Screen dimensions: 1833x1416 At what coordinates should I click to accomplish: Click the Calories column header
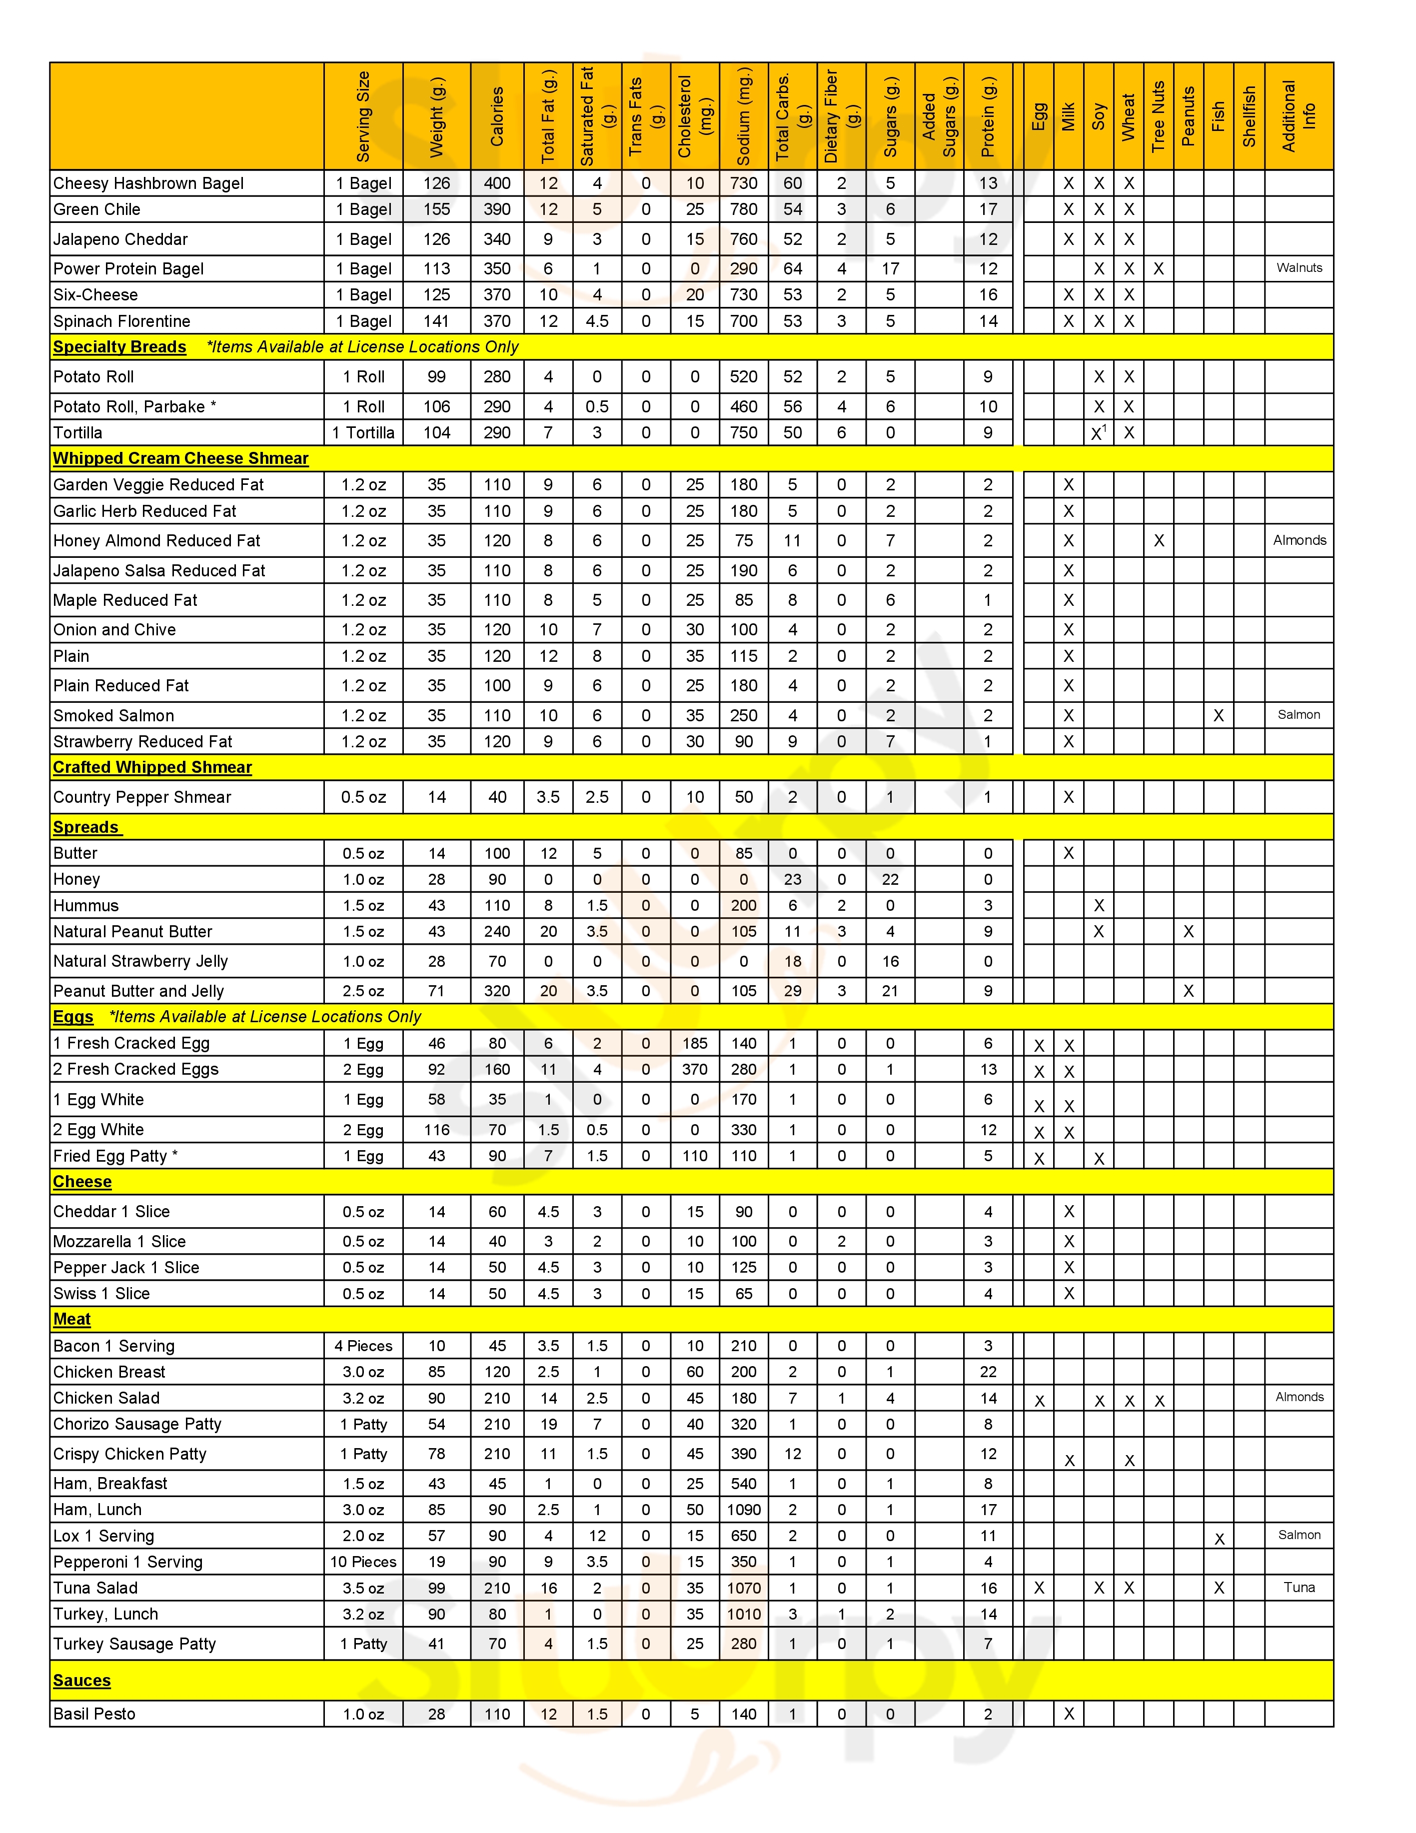[x=497, y=116]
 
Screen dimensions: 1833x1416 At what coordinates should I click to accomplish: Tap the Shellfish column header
[x=1249, y=116]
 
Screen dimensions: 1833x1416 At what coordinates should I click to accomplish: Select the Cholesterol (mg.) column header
[x=695, y=116]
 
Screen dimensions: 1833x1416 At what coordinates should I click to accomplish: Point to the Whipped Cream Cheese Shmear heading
[x=180, y=459]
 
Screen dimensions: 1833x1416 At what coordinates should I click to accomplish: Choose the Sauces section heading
[x=81, y=1680]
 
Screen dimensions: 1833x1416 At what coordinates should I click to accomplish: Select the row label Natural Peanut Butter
[x=132, y=932]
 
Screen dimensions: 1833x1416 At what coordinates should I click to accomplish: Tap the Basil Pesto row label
[x=94, y=1714]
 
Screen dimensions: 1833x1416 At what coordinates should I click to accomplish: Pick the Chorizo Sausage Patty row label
[x=137, y=1424]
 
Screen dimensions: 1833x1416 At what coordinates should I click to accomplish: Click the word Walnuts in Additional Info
[x=1299, y=268]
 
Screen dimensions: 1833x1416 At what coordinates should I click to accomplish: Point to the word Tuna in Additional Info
[x=1299, y=1587]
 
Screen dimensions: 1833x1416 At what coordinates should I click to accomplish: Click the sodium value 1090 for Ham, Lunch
[x=744, y=1510]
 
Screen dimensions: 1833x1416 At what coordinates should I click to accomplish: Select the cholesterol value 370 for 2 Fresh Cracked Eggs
[x=695, y=1069]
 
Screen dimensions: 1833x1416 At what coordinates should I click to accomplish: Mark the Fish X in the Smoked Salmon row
[x=1219, y=716]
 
